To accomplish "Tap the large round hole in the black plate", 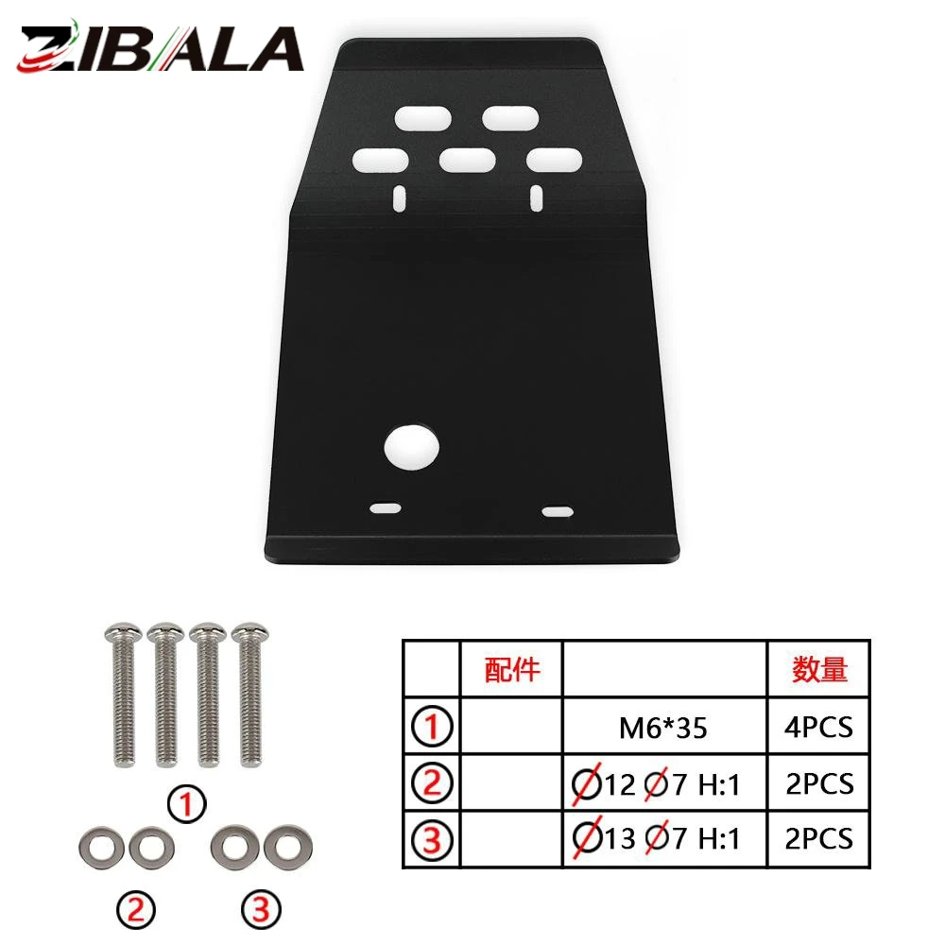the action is coord(412,448).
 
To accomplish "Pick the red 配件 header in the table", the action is coord(511,670).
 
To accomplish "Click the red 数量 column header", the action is coord(819,670).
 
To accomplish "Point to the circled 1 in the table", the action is coord(432,726).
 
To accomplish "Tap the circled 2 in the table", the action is coord(432,782).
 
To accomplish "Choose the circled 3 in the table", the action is coord(432,839).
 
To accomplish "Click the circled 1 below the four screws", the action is coord(187,804).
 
